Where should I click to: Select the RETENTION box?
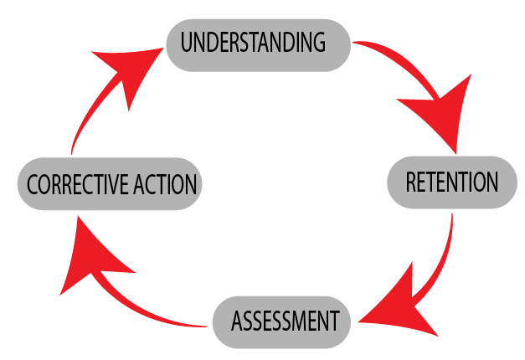click(x=452, y=183)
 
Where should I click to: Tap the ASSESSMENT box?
click(x=280, y=321)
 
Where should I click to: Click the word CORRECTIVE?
click(x=78, y=184)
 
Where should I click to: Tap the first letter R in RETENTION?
click(x=410, y=182)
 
